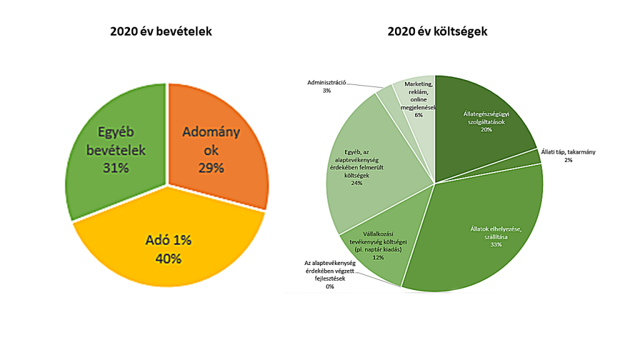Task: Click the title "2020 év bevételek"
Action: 161,31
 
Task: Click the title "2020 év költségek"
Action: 437,31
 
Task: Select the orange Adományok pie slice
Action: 219,144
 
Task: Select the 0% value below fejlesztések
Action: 329,286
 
